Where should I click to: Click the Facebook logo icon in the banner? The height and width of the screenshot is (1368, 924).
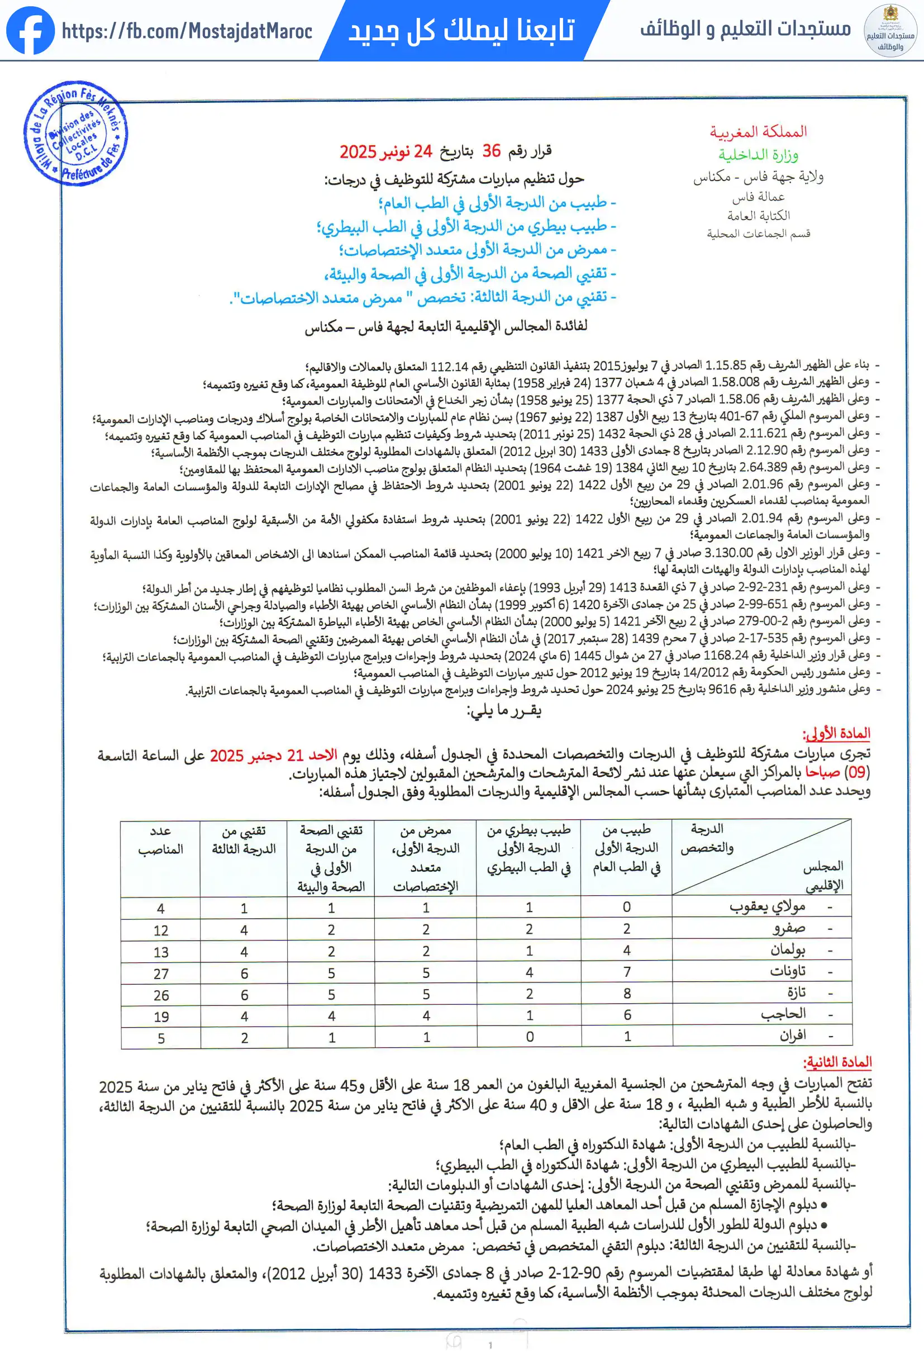point(30,31)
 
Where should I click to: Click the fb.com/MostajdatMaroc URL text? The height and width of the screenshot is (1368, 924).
point(187,31)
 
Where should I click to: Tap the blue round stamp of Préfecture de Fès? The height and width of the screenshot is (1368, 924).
point(76,134)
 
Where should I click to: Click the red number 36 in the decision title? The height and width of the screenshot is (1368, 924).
point(492,151)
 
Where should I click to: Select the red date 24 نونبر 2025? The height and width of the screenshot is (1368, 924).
point(386,152)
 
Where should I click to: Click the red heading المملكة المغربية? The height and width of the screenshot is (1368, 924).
point(758,132)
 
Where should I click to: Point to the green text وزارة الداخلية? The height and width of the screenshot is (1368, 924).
point(758,155)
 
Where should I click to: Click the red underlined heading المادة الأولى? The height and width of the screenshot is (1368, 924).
point(836,733)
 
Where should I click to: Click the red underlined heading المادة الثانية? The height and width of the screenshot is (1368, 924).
point(837,1062)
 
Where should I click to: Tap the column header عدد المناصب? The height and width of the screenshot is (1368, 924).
point(161,840)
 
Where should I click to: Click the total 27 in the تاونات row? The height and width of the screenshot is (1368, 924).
point(161,974)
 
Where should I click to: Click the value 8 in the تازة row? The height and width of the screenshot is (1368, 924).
point(627,994)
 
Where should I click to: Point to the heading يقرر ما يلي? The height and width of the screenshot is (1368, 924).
point(504,710)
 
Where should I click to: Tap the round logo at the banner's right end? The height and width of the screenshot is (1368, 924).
point(890,31)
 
